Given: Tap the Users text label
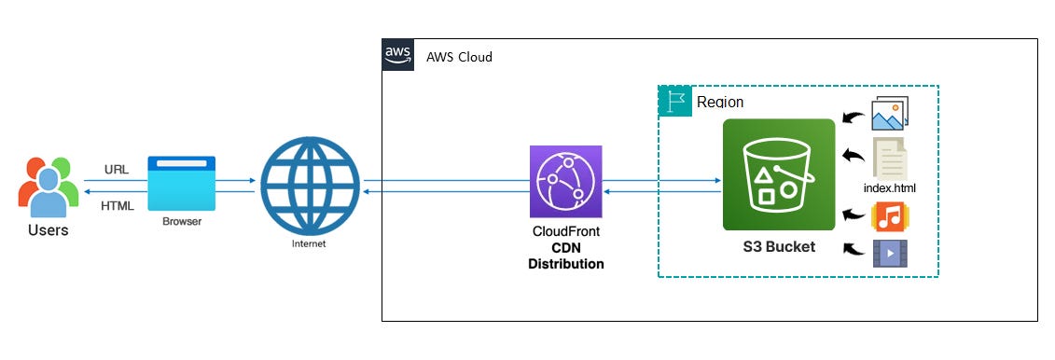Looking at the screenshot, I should [x=47, y=229].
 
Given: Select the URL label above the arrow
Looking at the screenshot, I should [x=117, y=171].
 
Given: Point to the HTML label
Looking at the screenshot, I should [x=118, y=205].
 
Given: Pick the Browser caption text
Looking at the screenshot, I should [x=182, y=222].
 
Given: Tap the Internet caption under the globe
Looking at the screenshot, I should [x=310, y=243].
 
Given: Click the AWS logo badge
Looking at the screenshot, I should [x=398, y=56].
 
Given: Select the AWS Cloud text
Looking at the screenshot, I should [x=459, y=57].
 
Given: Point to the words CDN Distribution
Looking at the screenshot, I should [x=565, y=256].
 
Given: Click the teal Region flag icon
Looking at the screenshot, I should [x=674, y=101].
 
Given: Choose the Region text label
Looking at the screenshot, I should [x=720, y=102].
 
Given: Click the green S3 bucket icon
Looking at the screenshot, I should [x=778, y=174].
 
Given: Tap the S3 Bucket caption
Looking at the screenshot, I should [x=778, y=247].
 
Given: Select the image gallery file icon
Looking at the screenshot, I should [x=889, y=115].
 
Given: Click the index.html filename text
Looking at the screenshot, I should [x=890, y=188].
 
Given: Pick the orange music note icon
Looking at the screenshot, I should [x=889, y=217].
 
